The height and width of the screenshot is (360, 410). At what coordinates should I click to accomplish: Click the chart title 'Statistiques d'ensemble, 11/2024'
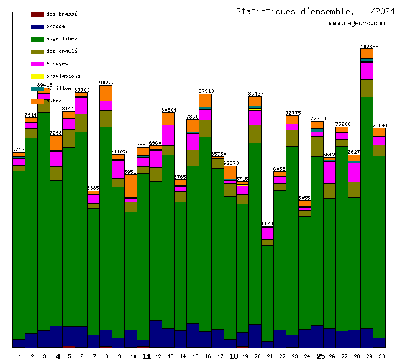coord(315,11)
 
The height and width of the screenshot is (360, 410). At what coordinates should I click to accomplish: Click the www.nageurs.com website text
coord(357,24)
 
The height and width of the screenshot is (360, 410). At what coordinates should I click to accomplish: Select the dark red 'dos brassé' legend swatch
coord(37,14)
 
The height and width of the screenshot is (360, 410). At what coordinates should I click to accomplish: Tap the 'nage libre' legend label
coord(61,38)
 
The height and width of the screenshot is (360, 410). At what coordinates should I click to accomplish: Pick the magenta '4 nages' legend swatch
coord(37,63)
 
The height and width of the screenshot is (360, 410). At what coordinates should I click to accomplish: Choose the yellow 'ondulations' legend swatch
coord(37,76)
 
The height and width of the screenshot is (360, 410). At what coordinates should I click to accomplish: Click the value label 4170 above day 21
coord(267,223)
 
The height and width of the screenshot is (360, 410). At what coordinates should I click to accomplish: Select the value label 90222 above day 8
coord(107,83)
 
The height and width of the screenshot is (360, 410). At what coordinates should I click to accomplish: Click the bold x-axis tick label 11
coord(147,356)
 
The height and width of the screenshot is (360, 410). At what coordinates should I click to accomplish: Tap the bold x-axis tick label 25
coord(321,356)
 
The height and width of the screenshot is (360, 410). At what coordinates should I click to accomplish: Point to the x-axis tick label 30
coord(381,356)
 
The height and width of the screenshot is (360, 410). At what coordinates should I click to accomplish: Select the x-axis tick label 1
coord(20,356)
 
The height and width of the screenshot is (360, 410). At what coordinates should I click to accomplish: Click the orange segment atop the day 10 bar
coord(130,186)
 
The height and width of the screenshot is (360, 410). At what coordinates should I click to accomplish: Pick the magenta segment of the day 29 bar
coord(367,71)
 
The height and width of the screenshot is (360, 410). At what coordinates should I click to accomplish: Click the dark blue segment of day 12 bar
coord(155,333)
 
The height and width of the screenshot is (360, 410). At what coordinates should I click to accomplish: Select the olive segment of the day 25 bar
coord(317,146)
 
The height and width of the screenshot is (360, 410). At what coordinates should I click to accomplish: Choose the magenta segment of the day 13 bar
coord(168,135)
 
